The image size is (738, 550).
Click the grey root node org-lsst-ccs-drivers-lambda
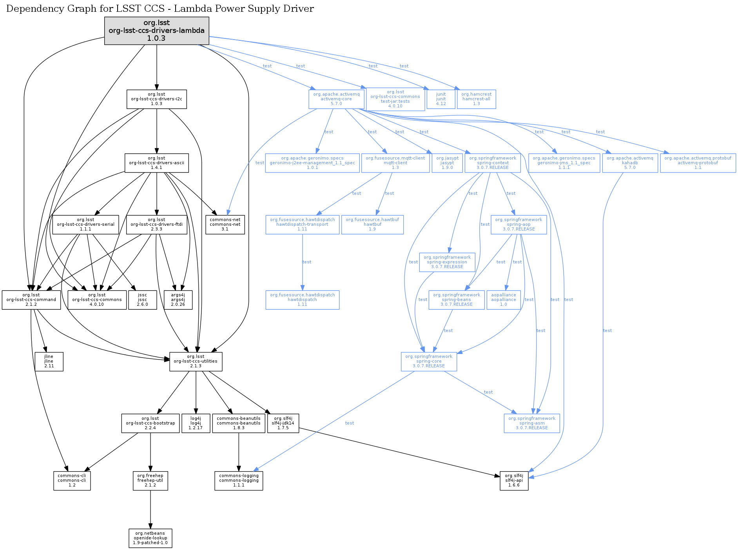pos(156,31)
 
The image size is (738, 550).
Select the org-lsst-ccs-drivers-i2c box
pos(156,99)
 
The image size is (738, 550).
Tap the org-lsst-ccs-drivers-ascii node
pos(156,163)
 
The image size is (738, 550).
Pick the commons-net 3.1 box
pos(225,225)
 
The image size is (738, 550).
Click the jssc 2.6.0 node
pos(143,300)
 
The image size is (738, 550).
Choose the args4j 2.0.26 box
pos(178,300)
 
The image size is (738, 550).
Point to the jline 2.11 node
pos(49,361)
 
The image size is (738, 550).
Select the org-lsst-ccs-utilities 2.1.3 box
pos(196,361)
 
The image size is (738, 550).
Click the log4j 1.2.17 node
pos(196,423)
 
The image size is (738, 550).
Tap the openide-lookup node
pos(151,538)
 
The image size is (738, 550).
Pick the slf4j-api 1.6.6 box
pos(514,481)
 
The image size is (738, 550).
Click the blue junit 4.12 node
pos(441,99)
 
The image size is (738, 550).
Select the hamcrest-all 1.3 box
pos(476,99)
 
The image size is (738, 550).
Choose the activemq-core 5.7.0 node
pos(336,99)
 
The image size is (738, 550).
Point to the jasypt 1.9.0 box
pos(447,163)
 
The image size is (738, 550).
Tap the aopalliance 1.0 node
pos(504,300)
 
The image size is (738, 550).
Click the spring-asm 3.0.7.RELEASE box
pos(532,423)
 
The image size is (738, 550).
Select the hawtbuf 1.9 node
pos(372,225)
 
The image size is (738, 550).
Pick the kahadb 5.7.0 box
pos(630,163)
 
